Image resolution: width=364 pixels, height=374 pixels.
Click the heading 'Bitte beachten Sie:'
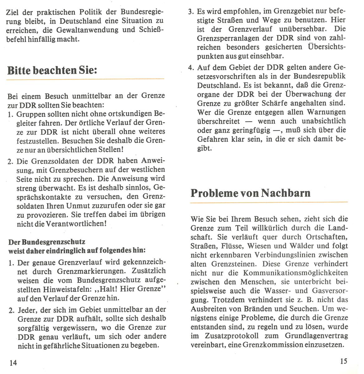pos(52,69)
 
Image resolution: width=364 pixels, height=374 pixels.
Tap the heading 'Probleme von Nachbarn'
pos(250,193)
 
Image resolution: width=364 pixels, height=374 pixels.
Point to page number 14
pos(13,362)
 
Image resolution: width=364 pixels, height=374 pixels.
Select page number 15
pos(343,362)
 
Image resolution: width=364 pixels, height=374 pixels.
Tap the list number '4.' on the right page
pos(191,67)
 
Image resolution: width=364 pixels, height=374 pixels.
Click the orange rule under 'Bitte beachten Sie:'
pos(85,79)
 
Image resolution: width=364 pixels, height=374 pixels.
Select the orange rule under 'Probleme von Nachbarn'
pos(269,203)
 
